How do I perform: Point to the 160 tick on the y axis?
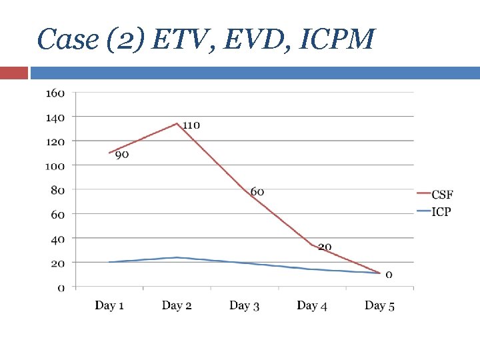click(x=55, y=93)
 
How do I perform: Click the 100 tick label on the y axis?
click(x=55, y=165)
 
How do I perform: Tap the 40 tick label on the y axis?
click(x=57, y=239)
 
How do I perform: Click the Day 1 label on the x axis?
click(x=109, y=305)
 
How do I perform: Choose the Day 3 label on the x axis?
click(x=244, y=305)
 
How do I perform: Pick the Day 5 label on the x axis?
click(x=379, y=305)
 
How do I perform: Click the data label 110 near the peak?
click(x=191, y=125)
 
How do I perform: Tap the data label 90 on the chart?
click(x=122, y=155)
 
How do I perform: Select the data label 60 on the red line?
click(x=257, y=192)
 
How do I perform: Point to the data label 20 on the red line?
click(x=325, y=247)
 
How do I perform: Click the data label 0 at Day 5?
click(x=389, y=274)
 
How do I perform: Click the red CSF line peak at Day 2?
click(x=177, y=123)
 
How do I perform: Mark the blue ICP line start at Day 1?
click(x=109, y=262)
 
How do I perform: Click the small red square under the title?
click(x=14, y=73)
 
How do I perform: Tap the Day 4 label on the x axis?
click(x=312, y=305)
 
